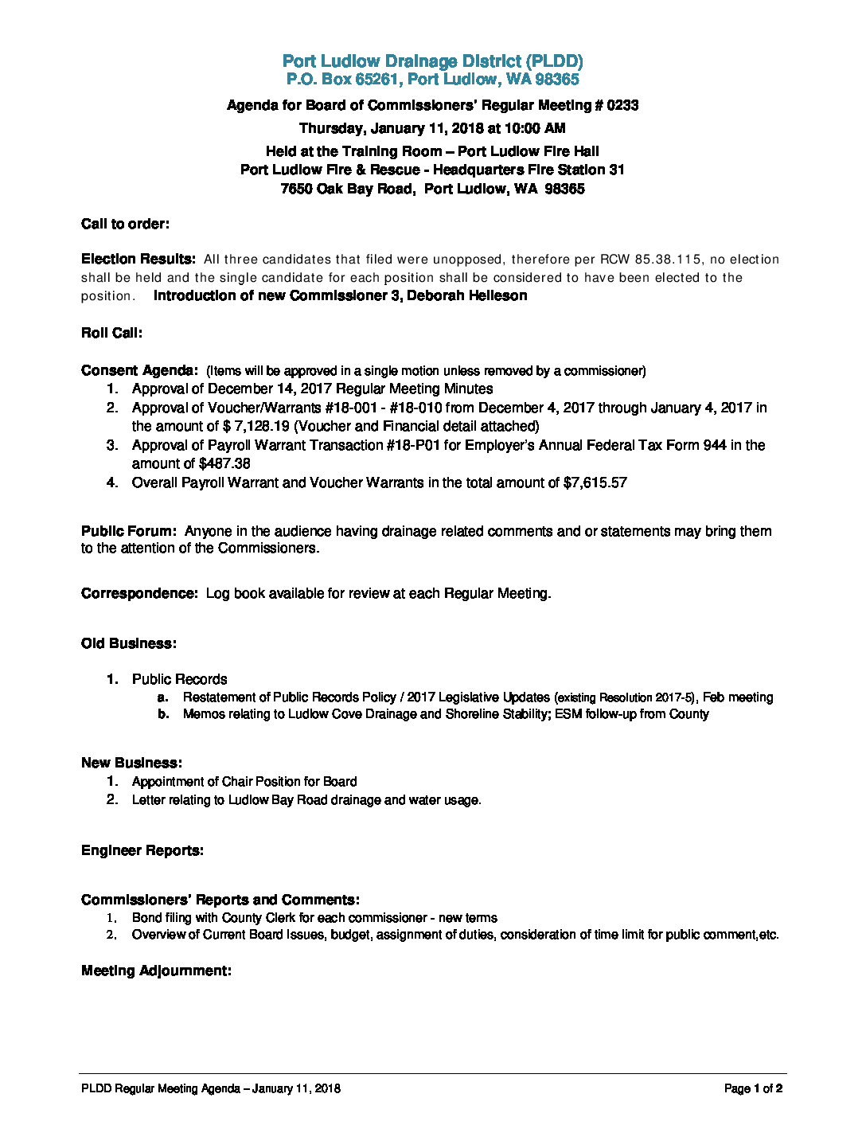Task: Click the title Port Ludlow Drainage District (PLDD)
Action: (432, 61)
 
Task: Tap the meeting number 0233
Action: (622, 105)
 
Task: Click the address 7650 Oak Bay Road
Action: (346, 189)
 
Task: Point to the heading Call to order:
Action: (125, 224)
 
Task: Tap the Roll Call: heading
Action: (111, 333)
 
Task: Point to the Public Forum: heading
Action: (128, 531)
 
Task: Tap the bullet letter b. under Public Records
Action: (163, 714)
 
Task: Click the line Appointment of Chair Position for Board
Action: (244, 782)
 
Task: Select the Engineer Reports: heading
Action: (142, 850)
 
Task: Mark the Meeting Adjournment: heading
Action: (156, 971)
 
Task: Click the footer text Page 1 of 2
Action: (753, 1088)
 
